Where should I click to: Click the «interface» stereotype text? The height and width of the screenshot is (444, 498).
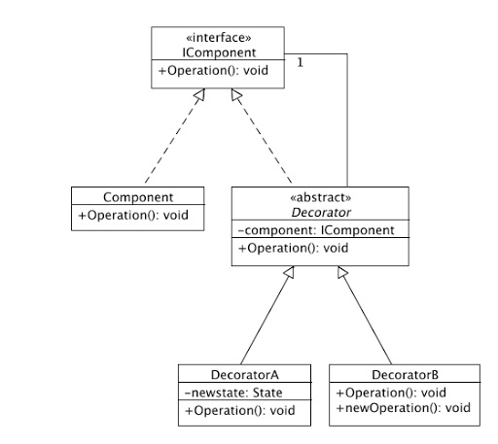[x=219, y=38]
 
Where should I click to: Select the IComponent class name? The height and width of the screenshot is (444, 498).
[x=219, y=52]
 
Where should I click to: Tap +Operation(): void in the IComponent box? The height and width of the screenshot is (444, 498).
[x=213, y=71]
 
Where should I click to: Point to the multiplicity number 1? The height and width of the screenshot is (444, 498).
[x=301, y=62]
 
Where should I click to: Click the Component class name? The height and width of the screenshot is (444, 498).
[x=138, y=197]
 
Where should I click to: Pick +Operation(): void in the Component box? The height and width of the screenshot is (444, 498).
[x=133, y=216]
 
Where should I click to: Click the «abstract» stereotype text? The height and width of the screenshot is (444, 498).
[x=321, y=197]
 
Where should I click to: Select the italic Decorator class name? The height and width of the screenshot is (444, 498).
[x=321, y=213]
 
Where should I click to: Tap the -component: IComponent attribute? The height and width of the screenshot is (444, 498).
[x=316, y=230]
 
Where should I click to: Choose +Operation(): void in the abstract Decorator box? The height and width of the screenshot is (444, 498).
[x=293, y=249]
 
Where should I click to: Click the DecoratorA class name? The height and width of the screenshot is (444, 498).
[x=244, y=375]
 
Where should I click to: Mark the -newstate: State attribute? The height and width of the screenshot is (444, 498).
[x=233, y=393]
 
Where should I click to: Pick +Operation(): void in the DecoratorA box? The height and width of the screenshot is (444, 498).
[x=240, y=411]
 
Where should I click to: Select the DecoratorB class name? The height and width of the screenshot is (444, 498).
[x=405, y=375]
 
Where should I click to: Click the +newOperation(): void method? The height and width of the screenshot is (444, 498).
[x=404, y=408]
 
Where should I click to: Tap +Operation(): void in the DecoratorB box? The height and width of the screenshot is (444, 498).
[x=391, y=393]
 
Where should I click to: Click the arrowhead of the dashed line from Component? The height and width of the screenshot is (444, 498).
[x=200, y=94]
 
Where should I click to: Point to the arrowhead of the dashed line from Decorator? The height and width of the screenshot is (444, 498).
[x=236, y=94]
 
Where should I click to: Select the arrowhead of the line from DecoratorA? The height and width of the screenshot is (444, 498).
[x=290, y=272]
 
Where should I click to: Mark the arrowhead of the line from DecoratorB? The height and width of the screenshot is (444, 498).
[x=342, y=272]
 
